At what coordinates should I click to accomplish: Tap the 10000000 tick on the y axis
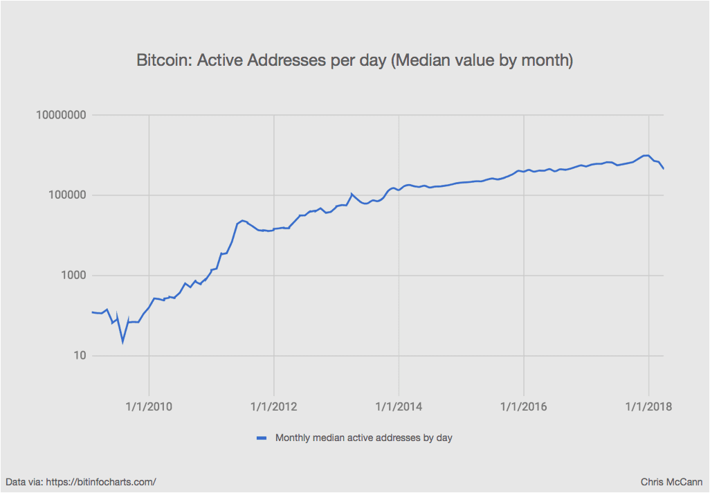(x=65, y=115)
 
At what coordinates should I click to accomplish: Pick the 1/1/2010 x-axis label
(x=149, y=406)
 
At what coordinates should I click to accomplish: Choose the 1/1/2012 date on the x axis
(x=275, y=406)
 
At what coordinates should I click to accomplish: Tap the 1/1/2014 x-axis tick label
(x=399, y=406)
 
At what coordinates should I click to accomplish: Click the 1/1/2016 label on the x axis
(x=525, y=406)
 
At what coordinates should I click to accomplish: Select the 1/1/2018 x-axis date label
(x=649, y=406)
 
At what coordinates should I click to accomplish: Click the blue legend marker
(x=262, y=438)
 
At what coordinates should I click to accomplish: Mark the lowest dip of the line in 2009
(x=122, y=341)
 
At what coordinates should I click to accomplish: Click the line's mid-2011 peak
(x=242, y=220)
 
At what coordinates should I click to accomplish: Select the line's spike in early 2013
(x=352, y=194)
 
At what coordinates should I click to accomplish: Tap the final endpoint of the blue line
(x=664, y=169)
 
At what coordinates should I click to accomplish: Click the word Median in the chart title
(x=421, y=61)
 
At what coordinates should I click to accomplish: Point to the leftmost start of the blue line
(x=92, y=312)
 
